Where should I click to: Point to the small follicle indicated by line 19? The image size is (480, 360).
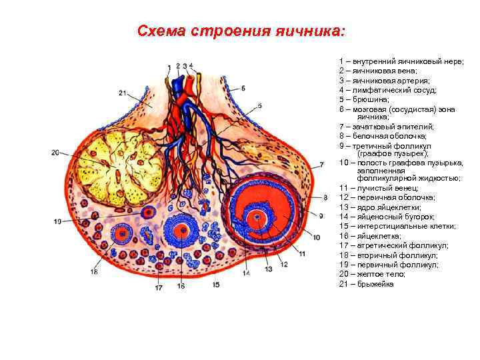pos(148,212)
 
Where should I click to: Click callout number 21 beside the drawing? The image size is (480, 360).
pos(122,92)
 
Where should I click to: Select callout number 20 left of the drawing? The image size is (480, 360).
pos(55,153)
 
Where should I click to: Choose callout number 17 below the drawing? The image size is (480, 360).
pos(159,288)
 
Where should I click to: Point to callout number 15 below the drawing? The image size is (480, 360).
pos(216,285)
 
